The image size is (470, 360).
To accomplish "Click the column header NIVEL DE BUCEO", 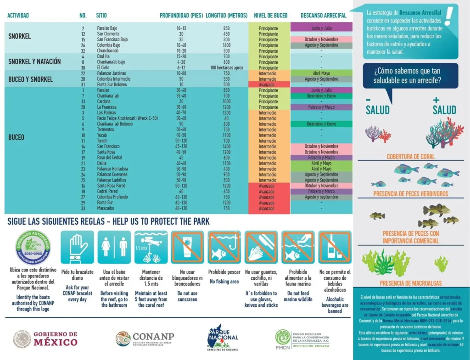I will [x=271, y=16].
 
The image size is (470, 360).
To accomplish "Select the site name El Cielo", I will [x=103, y=68].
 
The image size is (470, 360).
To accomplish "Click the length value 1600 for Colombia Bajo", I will [x=226, y=45].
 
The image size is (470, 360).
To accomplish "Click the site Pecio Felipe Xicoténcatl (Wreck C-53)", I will [x=127, y=118].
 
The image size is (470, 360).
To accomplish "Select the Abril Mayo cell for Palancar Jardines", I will [x=321, y=73].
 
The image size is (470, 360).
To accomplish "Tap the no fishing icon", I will [x=224, y=247].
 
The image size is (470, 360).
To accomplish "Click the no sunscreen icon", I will [x=188, y=247].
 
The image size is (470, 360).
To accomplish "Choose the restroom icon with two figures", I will [x=114, y=247].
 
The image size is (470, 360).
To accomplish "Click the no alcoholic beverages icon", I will [x=335, y=247].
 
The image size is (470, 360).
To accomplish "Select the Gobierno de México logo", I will [x=45, y=339].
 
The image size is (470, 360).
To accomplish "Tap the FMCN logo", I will [x=302, y=339].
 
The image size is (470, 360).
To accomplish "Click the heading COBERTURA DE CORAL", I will [x=410, y=156].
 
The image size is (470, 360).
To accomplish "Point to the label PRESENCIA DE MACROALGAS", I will [x=410, y=283].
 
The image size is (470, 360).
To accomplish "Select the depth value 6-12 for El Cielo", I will [x=181, y=68].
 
